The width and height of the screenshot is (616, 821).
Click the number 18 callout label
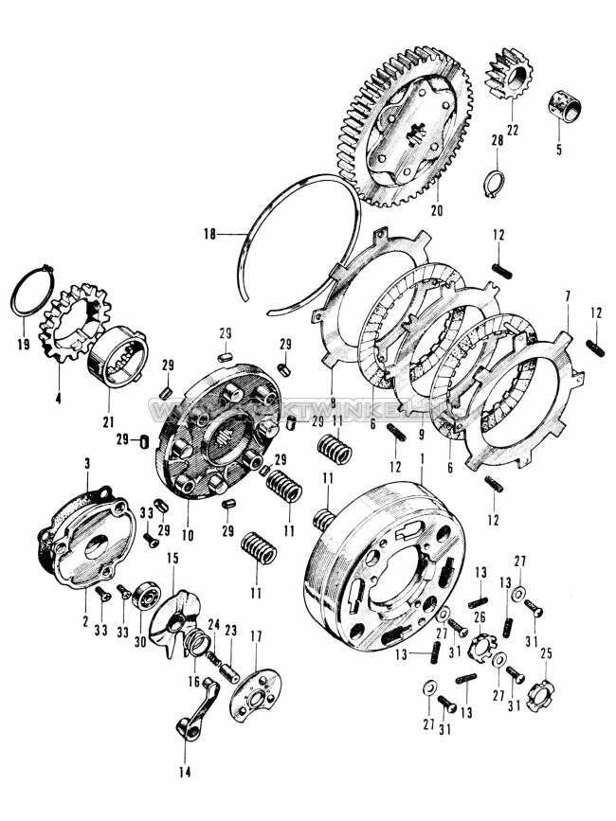(x=210, y=230)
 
